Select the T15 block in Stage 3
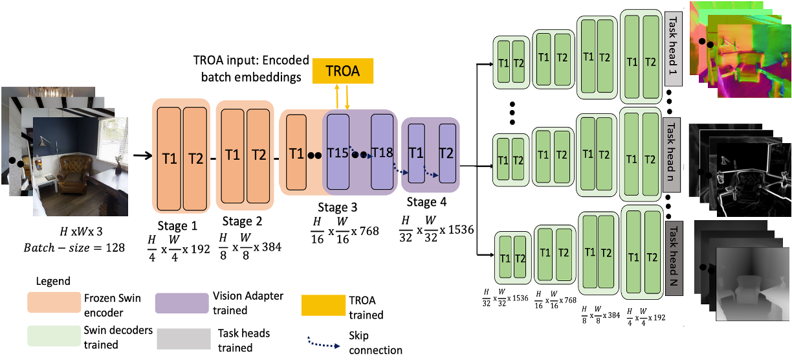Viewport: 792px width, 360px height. [337, 153]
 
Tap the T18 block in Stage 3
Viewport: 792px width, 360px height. [382, 153]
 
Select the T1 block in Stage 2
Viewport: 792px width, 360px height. [233, 155]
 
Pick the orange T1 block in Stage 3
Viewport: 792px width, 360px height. [296, 153]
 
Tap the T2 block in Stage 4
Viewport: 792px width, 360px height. [446, 153]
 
